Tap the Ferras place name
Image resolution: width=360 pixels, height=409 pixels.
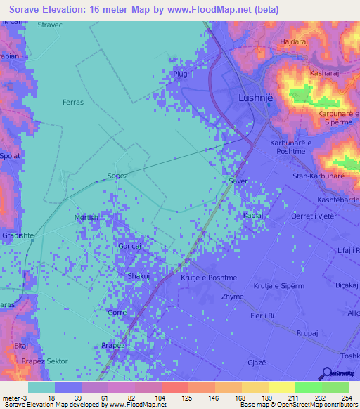[x=73, y=103]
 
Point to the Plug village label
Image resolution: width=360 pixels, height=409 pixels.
[x=180, y=73]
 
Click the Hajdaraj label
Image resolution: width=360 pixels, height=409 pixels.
[x=295, y=42]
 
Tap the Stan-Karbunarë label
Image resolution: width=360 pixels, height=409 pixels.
[x=318, y=176]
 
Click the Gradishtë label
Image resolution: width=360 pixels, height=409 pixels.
[x=18, y=235]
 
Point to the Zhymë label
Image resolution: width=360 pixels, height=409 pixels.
[x=232, y=297]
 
